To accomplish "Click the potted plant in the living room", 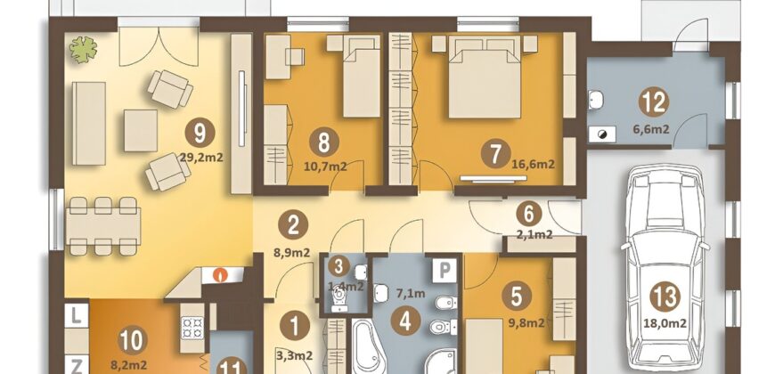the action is [83, 49].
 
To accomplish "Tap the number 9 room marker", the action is [200, 134].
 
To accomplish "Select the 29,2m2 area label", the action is [202, 159].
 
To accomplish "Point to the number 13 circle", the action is [665, 297].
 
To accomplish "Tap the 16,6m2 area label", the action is [532, 164].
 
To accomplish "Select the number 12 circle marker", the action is [654, 102].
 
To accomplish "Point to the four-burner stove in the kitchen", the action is [192, 328].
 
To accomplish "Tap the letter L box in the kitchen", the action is [76, 316].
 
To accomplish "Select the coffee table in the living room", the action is [141, 130].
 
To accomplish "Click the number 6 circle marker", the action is [528, 214].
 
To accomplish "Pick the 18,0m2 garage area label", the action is [665, 323].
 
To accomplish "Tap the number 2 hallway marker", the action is [292, 226].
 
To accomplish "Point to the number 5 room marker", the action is [517, 297].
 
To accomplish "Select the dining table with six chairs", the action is [102, 226].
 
